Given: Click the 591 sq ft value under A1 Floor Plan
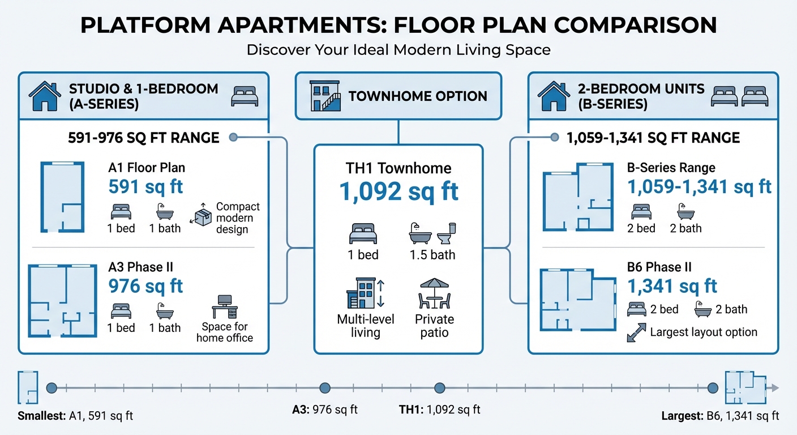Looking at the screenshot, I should click(x=145, y=187).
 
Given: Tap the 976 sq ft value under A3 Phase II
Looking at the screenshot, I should click(x=145, y=286).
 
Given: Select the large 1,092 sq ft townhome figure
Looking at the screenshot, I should click(x=398, y=191).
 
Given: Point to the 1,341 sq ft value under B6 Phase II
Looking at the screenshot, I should click(x=672, y=286).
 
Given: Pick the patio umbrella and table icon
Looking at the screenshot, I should click(x=434, y=292).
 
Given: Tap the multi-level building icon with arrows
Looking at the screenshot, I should click(x=365, y=292).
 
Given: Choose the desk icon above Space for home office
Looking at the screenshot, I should click(x=225, y=306).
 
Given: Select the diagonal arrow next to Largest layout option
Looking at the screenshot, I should click(x=636, y=332).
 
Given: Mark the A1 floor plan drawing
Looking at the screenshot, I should click(x=62, y=197).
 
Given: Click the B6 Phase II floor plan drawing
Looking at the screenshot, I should click(x=578, y=299).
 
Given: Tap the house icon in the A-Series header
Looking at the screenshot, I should click(x=44, y=96).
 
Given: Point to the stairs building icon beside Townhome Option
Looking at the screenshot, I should click(x=325, y=96).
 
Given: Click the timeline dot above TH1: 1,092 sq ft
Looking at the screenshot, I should click(x=439, y=388).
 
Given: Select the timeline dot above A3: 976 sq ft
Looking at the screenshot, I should click(x=325, y=388).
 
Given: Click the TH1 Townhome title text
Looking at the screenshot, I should click(x=398, y=168).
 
